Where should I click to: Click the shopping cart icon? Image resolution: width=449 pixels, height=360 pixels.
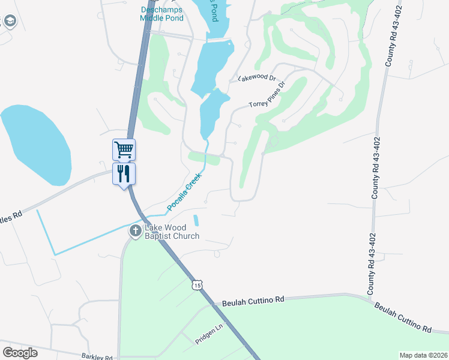(124, 149)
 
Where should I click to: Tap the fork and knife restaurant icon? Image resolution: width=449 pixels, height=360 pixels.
(124, 174)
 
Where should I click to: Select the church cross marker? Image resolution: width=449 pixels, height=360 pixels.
(136, 230)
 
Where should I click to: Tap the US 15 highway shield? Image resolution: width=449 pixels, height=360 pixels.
(197, 285)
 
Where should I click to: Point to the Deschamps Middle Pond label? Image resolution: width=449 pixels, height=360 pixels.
(161, 14)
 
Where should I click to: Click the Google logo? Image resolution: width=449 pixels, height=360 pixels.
(20, 353)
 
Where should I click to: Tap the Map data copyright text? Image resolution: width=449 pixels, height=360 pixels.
(423, 355)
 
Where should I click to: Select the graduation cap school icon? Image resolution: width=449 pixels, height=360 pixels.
(10, 22)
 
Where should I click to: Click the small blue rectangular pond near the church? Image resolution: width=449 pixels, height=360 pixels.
(196, 220)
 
